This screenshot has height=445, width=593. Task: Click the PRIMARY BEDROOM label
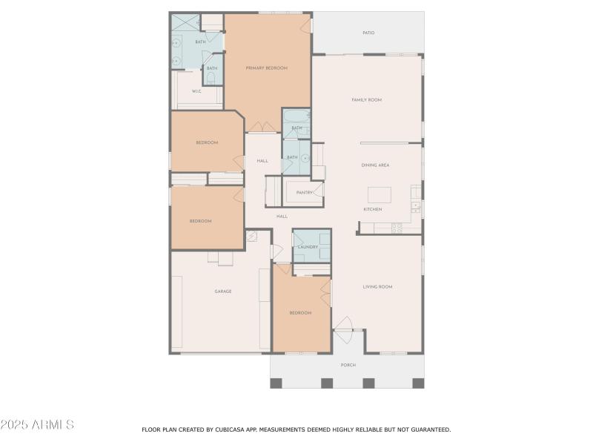[x=267, y=68]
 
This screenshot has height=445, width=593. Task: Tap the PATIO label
[x=368, y=33]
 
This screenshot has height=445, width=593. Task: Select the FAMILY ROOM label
[x=366, y=99]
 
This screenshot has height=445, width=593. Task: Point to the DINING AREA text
[x=375, y=165]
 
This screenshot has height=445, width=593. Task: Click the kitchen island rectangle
[x=379, y=195]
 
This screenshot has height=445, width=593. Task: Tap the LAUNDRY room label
[x=308, y=247]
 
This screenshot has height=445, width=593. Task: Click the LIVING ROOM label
[x=377, y=286]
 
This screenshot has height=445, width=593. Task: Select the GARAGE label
[x=223, y=291]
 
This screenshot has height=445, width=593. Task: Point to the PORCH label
[x=348, y=365]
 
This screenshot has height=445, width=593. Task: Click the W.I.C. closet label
[x=197, y=91]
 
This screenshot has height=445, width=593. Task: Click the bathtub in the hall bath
[x=296, y=118]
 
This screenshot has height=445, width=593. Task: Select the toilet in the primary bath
[x=211, y=76]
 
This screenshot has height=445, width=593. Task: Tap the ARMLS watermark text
[x=37, y=425]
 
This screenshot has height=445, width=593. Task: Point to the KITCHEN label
[x=373, y=210]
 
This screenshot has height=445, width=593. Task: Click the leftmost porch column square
[x=276, y=383]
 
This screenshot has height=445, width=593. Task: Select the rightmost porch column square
[x=418, y=383]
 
